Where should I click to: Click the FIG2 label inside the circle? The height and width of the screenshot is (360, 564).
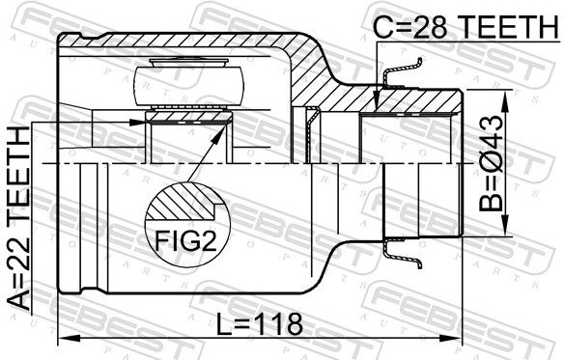(x=186, y=240)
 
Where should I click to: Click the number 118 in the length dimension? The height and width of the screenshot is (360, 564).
(x=279, y=323)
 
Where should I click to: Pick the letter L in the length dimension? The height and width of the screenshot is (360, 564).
(x=223, y=323)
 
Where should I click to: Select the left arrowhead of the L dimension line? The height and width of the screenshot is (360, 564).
(x=70, y=338)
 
